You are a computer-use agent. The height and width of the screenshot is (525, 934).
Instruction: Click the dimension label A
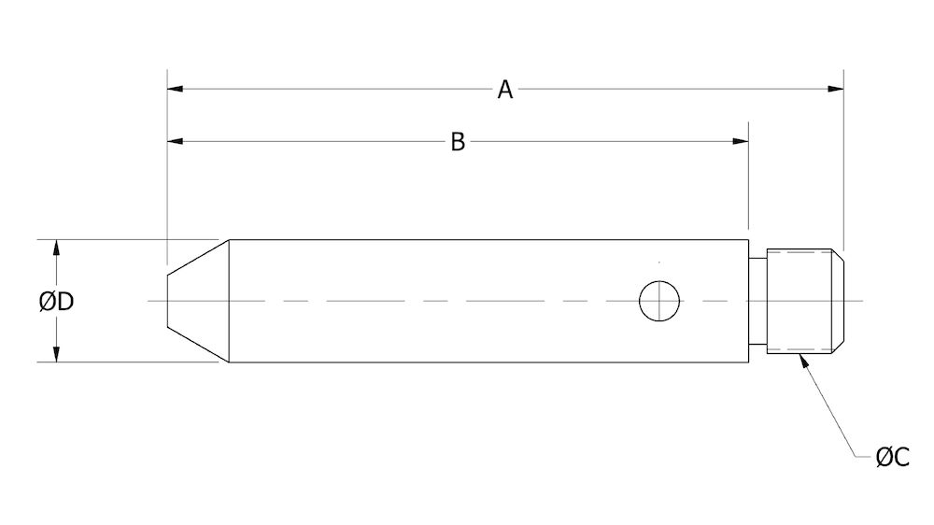coord(504,90)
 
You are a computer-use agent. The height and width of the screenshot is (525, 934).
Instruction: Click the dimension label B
coord(458,142)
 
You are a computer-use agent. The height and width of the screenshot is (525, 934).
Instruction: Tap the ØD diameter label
coord(57,302)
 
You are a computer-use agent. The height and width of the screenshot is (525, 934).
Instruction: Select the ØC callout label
coord(893,457)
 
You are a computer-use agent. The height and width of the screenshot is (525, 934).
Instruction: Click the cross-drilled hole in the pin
coord(659,301)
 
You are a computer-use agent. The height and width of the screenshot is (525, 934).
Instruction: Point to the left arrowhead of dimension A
coord(175,90)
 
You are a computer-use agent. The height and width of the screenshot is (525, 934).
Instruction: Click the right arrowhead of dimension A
coord(836,90)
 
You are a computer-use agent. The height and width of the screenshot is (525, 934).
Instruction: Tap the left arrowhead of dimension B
coord(175,142)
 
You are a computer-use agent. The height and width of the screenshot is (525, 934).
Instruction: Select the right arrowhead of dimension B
coord(741,142)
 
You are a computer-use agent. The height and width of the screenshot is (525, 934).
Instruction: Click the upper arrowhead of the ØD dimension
coord(56,248)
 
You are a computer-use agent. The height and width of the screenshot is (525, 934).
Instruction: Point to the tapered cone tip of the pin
coord(198,301)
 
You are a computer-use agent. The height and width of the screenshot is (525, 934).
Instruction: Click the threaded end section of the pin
coord(799,301)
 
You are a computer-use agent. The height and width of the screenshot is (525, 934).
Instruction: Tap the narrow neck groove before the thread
coord(757,301)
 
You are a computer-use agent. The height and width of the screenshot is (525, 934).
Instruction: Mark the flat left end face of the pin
coord(167,301)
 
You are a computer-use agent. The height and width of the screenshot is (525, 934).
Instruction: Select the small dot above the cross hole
coord(659,262)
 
